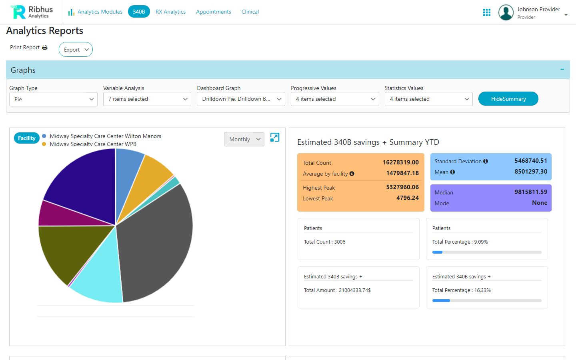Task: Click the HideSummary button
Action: (508, 99)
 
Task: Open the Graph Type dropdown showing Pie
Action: (53, 99)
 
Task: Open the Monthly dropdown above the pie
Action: (244, 139)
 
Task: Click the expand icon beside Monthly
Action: (275, 138)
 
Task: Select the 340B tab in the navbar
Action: (139, 12)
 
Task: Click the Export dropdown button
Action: (76, 50)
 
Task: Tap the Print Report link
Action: (28, 47)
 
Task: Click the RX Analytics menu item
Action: (170, 12)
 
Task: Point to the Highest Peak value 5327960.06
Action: (402, 187)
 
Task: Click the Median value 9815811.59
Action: (530, 192)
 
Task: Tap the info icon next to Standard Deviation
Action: (486, 161)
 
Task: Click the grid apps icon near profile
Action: (486, 12)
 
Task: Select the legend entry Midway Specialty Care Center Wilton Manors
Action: (105, 136)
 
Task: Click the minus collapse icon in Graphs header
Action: (562, 70)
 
